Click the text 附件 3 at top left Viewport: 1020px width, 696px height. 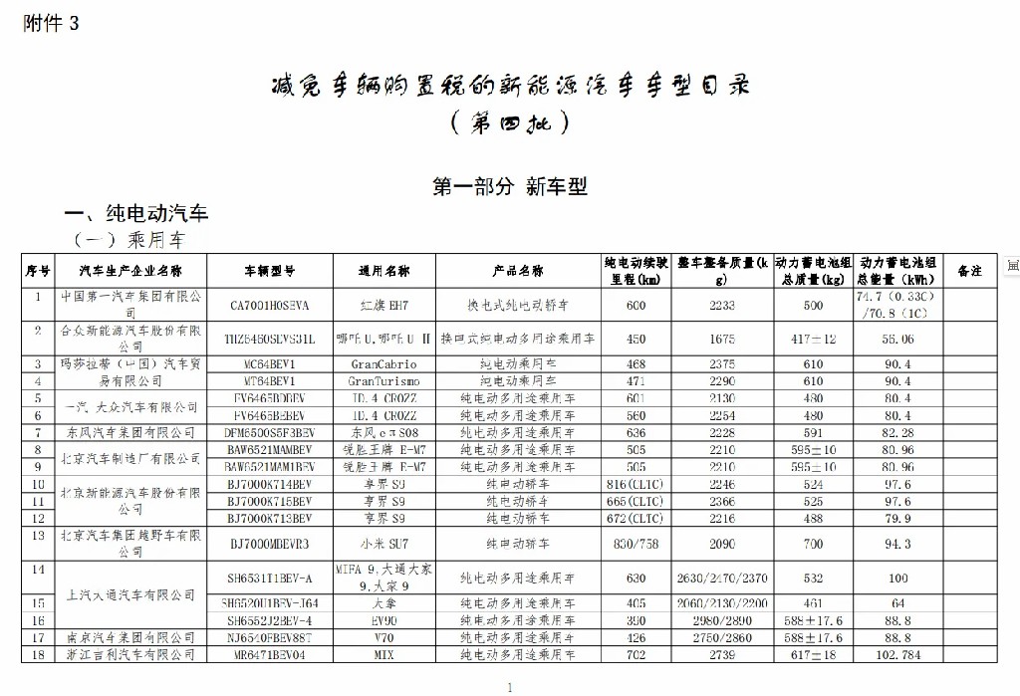[50, 25]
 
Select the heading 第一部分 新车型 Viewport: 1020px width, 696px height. [509, 186]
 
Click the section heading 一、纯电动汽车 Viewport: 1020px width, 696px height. [136, 214]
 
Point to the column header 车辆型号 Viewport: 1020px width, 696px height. [270, 271]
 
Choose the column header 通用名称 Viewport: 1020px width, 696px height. [383, 271]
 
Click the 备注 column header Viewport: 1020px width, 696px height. [969, 271]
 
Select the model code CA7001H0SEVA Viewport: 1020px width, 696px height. [270, 305]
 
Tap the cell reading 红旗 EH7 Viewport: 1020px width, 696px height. [383, 305]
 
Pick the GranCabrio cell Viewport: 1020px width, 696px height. [383, 364]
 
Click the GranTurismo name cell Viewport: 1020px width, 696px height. [383, 381]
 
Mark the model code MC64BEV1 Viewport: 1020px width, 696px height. [270, 364]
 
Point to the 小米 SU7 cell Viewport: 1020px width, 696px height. [383, 544]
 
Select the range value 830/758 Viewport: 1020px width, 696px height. [637, 544]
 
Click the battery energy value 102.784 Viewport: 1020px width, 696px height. [899, 654]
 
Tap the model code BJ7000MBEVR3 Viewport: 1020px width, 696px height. [270, 544]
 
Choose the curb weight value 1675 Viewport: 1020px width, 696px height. [722, 339]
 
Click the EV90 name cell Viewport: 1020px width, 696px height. [383, 619]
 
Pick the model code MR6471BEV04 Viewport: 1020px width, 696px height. [270, 654]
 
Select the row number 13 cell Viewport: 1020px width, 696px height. [38, 535]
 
